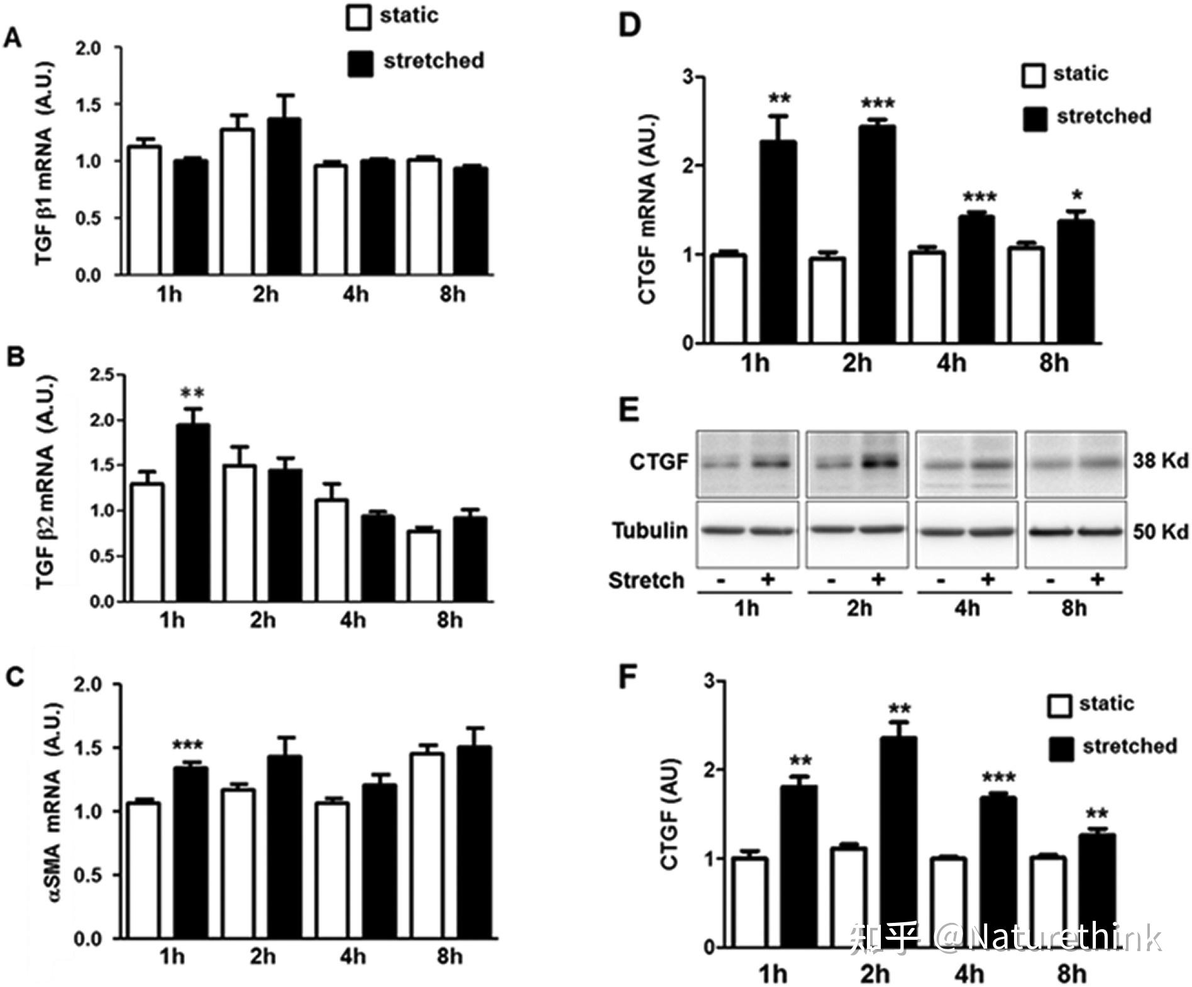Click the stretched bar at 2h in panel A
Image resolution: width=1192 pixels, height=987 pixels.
(284, 196)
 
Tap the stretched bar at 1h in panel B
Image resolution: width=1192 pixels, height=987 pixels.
(193, 513)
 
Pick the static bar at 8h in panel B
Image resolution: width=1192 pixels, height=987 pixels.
(423, 566)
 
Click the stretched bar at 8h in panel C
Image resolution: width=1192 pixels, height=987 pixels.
(473, 842)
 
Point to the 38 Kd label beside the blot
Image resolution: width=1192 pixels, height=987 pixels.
(1161, 461)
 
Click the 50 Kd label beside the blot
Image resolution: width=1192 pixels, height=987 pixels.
(1161, 532)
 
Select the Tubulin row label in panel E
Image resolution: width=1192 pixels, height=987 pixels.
(650, 530)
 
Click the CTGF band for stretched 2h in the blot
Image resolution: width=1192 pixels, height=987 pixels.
(879, 463)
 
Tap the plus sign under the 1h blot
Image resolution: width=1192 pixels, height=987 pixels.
(767, 579)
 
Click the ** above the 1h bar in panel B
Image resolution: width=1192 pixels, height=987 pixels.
(192, 394)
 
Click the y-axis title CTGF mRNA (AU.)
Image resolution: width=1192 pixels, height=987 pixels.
(648, 209)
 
